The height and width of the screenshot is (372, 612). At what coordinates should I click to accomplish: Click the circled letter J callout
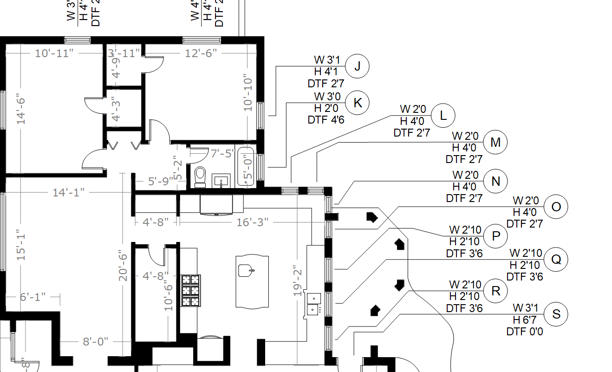[357, 66]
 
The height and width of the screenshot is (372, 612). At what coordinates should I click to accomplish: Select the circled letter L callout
[443, 116]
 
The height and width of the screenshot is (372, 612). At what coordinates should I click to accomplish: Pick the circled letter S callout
[556, 314]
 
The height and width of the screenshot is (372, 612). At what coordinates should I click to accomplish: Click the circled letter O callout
[556, 207]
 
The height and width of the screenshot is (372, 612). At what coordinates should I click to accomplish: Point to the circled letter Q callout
[556, 260]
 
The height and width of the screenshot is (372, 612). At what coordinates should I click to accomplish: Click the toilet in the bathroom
[201, 177]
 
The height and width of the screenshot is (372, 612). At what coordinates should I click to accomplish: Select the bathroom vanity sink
[221, 180]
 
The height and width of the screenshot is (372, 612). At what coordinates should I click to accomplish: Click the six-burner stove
[190, 290]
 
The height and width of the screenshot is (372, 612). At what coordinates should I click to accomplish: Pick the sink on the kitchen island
[246, 269]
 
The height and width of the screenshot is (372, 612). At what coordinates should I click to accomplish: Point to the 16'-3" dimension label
[252, 222]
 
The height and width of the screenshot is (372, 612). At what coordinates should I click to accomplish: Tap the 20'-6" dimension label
[123, 265]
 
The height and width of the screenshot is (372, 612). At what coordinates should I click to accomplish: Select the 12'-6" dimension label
[201, 53]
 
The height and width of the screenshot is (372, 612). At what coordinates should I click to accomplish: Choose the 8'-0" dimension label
[96, 342]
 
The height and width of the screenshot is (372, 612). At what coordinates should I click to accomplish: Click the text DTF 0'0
[525, 331]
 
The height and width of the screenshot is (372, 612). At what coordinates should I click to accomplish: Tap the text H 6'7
[526, 320]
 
